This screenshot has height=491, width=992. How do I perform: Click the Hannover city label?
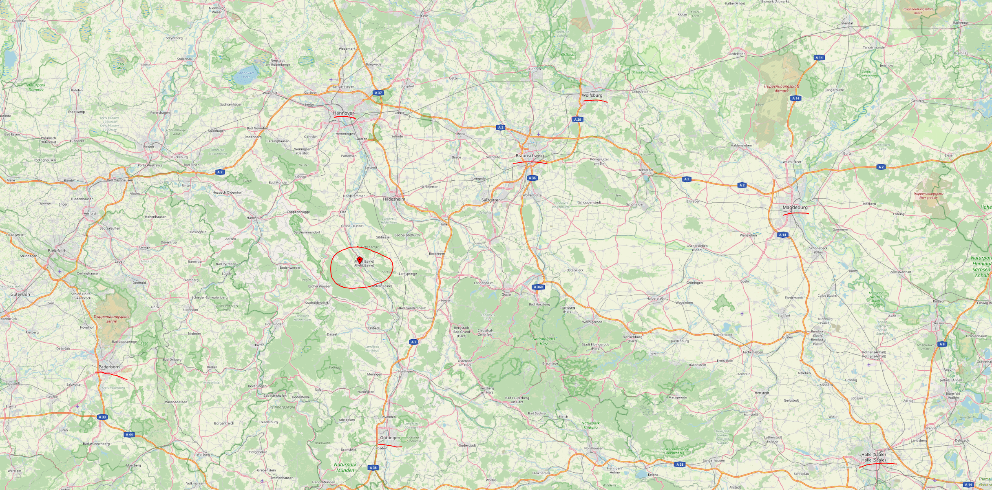(x=343, y=113)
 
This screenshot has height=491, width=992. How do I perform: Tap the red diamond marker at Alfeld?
(x=360, y=260)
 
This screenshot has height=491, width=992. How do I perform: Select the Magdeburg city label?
(x=795, y=208)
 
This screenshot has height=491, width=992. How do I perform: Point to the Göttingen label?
(x=390, y=438)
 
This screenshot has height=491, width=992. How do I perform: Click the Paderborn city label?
(x=109, y=367)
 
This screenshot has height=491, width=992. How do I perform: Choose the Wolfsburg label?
(x=592, y=95)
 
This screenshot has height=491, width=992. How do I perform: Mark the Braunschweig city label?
(x=529, y=156)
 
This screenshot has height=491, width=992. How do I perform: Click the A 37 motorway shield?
(x=378, y=93)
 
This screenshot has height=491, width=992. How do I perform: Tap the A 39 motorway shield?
(x=577, y=119)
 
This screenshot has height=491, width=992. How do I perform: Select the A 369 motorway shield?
(x=538, y=287)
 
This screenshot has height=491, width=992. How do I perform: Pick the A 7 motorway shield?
(x=414, y=342)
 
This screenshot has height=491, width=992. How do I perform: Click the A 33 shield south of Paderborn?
(x=102, y=417)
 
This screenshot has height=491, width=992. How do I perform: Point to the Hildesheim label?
(x=394, y=199)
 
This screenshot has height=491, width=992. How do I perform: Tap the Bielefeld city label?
(x=56, y=251)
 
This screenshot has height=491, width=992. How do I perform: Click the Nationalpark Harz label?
(x=544, y=341)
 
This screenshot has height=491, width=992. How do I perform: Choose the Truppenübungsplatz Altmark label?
(x=781, y=88)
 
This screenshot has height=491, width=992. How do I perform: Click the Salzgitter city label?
(x=490, y=200)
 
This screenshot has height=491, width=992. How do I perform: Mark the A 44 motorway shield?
(x=129, y=435)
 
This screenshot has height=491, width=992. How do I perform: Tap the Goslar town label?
(x=506, y=294)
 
